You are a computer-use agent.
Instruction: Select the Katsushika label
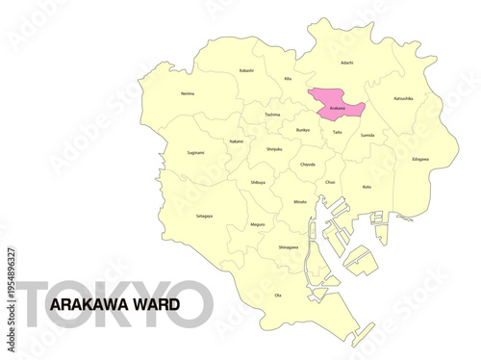(403, 98)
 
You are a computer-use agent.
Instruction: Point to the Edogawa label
(420, 159)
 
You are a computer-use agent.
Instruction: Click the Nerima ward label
(187, 93)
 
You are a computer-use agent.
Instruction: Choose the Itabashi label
(246, 70)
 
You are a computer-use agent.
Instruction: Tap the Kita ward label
(288, 79)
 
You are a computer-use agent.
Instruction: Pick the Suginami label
(195, 152)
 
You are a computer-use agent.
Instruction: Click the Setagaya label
(204, 216)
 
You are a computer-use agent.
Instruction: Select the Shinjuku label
(273, 149)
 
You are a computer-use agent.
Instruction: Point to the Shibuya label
(257, 182)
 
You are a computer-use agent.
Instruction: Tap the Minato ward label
(301, 202)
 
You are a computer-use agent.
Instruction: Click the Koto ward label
(367, 187)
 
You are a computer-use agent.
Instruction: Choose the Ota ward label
(278, 295)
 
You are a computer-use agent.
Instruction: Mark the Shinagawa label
(288, 247)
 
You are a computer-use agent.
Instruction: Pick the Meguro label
(257, 224)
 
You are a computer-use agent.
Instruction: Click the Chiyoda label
(307, 165)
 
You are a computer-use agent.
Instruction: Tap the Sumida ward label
(367, 136)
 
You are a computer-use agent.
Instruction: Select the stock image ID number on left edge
(11, 279)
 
